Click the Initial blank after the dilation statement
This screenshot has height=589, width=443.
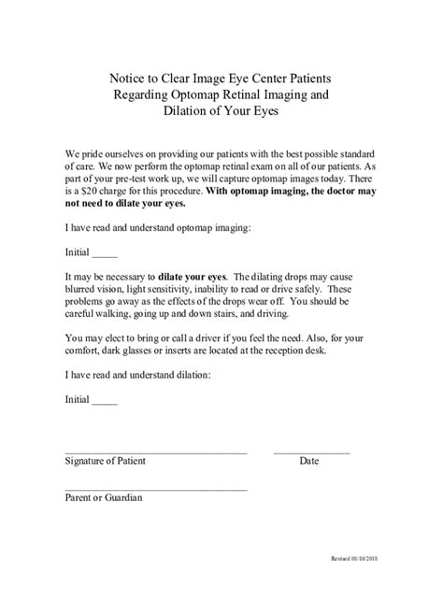(105, 400)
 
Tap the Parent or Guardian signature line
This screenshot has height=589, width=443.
(155, 489)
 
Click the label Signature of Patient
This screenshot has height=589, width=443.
(105, 461)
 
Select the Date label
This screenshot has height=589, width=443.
(309, 461)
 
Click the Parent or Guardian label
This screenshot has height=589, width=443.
(103, 498)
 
